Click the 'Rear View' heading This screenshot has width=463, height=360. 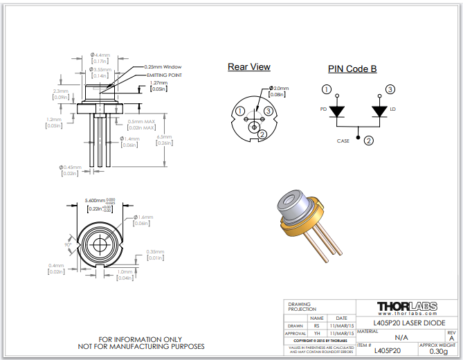249,67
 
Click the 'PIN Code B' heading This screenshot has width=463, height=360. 352,69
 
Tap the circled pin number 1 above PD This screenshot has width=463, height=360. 327,89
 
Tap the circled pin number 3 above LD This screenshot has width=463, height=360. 390,89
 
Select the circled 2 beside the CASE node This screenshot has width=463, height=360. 369,141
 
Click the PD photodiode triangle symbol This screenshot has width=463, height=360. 336,111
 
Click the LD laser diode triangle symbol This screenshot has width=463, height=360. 379,111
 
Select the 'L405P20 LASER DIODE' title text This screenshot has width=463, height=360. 406,323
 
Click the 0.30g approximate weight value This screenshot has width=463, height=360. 438,351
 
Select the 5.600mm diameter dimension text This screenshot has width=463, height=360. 95,200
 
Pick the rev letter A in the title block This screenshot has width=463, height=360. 452,338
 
